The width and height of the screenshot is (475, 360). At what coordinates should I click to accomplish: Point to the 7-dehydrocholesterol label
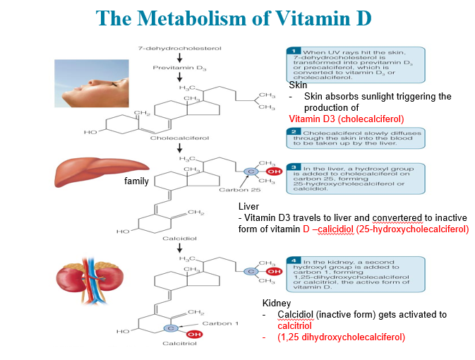(x=179, y=48)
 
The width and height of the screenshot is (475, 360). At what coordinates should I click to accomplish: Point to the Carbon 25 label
(x=234, y=190)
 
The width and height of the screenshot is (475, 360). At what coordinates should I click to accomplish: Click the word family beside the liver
(x=137, y=181)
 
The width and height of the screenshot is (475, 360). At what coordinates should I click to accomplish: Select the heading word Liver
(x=249, y=206)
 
